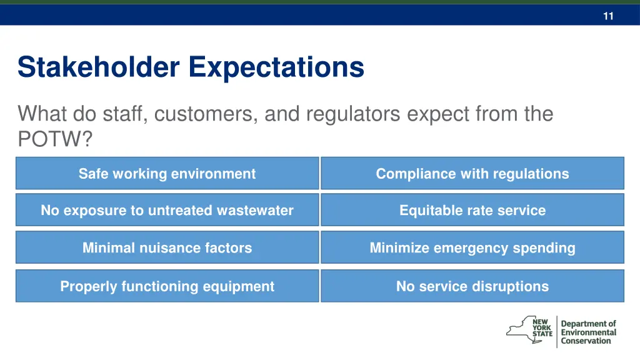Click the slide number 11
(x=608, y=17)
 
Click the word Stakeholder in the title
(x=99, y=67)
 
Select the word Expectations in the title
(x=276, y=67)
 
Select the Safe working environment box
(x=167, y=174)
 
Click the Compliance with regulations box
(x=472, y=174)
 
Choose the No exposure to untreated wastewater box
(x=167, y=211)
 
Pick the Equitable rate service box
(x=472, y=211)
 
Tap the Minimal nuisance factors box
(x=167, y=248)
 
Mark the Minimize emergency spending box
(x=472, y=248)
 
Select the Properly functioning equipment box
(x=167, y=287)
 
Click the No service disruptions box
(x=472, y=287)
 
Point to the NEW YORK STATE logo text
(x=542, y=327)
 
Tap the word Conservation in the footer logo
(x=586, y=341)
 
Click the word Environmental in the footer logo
(x=588, y=332)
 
